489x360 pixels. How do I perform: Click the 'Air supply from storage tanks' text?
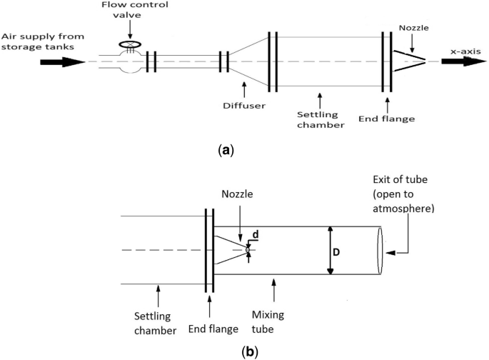(43, 41)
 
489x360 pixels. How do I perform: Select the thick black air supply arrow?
(63, 61)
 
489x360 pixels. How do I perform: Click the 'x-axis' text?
(465, 51)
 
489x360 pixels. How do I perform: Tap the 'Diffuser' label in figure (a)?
(244, 106)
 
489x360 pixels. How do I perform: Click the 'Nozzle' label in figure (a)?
(414, 28)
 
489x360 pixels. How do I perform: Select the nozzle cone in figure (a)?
(409, 61)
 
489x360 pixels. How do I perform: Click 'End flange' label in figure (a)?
(386, 119)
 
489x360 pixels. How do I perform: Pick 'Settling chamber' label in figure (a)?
(321, 120)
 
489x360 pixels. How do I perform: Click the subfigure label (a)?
(226, 150)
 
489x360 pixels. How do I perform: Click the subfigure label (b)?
(250, 352)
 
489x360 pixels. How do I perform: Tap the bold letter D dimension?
(336, 252)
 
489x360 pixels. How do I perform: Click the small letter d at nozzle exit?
(256, 234)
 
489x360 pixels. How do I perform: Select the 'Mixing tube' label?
(268, 322)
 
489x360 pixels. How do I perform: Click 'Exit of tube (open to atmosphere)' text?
(403, 194)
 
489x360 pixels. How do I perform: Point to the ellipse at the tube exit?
(380, 251)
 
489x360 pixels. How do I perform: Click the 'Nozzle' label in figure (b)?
(237, 194)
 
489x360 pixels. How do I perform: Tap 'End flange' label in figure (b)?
(213, 329)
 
